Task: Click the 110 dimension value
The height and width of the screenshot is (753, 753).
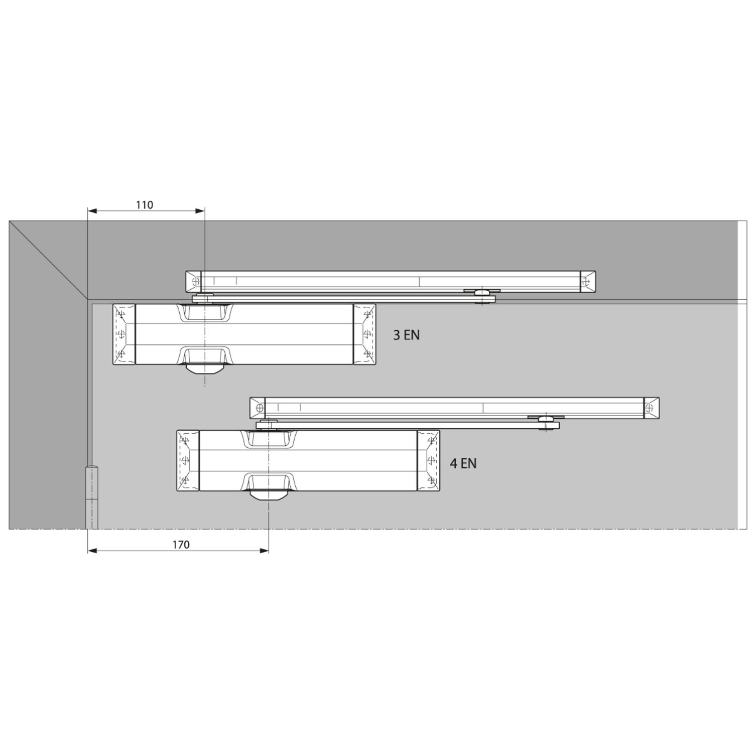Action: pos(145,205)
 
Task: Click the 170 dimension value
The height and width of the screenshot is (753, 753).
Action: pos(181,545)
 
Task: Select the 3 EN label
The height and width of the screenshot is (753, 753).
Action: pos(406,335)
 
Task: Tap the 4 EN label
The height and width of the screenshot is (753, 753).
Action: pos(463,463)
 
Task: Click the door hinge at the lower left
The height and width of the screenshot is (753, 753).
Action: pos(92,497)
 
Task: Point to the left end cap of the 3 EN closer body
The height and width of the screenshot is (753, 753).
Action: pos(123,334)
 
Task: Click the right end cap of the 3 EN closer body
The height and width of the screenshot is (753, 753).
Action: pos(364,334)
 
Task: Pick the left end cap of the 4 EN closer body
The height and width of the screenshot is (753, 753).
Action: pos(188,460)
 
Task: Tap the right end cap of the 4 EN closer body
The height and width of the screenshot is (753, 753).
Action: pos(428,460)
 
